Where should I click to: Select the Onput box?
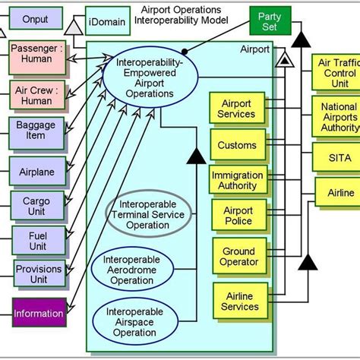[x=34, y=18]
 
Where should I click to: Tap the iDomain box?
[x=107, y=21]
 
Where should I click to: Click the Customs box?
[x=237, y=145]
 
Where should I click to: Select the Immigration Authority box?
[x=237, y=181]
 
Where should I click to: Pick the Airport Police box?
[x=237, y=216]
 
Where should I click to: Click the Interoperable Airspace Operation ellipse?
[x=131, y=321]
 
